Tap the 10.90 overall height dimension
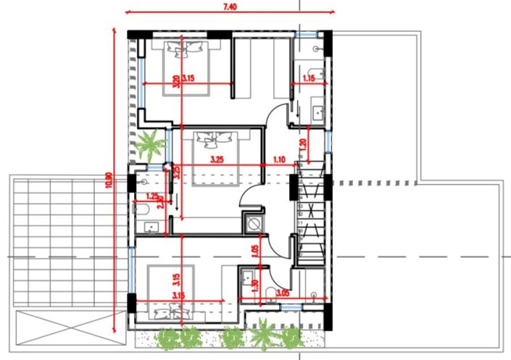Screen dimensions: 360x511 [109, 180]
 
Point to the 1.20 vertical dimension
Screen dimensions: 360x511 [304, 143]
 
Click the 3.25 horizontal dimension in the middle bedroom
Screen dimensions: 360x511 [216, 159]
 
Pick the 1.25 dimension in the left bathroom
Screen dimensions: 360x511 [152, 196]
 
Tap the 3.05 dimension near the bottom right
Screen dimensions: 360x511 [283, 293]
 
